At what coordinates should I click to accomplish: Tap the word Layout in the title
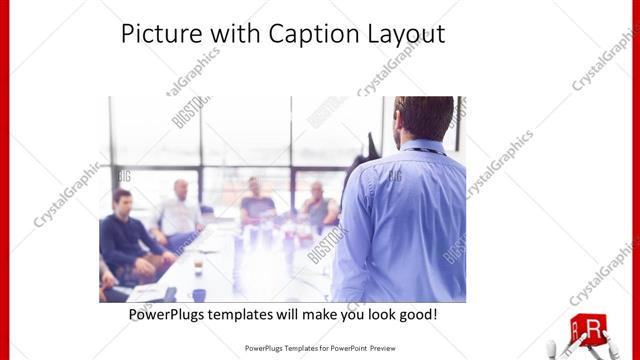tap(404, 34)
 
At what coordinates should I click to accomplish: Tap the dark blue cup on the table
tap(199, 294)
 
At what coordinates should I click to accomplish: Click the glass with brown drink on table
tap(198, 266)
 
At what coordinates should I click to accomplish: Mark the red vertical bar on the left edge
tap(5, 180)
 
